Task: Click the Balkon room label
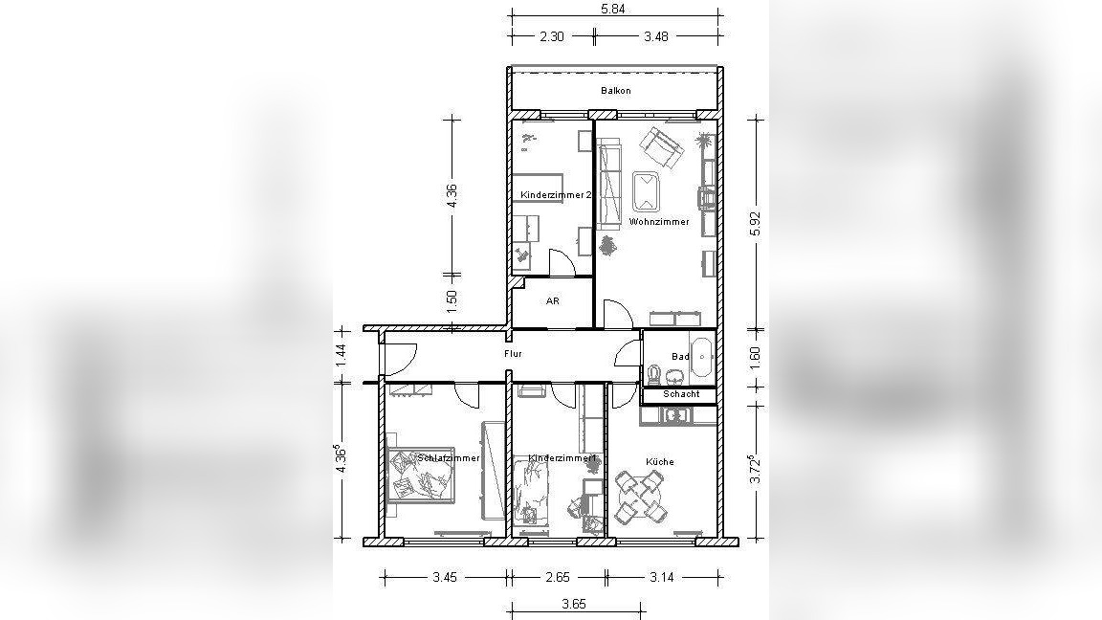(616, 91)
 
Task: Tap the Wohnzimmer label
(659, 221)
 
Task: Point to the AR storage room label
(552, 300)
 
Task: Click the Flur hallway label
(513, 354)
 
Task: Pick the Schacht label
(681, 394)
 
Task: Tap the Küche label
(660, 462)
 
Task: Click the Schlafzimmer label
(449, 457)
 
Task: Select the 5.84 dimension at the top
(613, 10)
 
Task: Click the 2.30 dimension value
(552, 36)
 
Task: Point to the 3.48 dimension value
(655, 36)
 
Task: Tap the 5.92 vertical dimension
(756, 224)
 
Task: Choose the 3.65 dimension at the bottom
(574, 604)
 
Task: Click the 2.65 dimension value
(558, 577)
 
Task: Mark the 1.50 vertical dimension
(452, 301)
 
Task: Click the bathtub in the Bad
(702, 357)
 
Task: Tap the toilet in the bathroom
(654, 374)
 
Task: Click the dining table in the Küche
(639, 498)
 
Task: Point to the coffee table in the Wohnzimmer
(646, 192)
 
